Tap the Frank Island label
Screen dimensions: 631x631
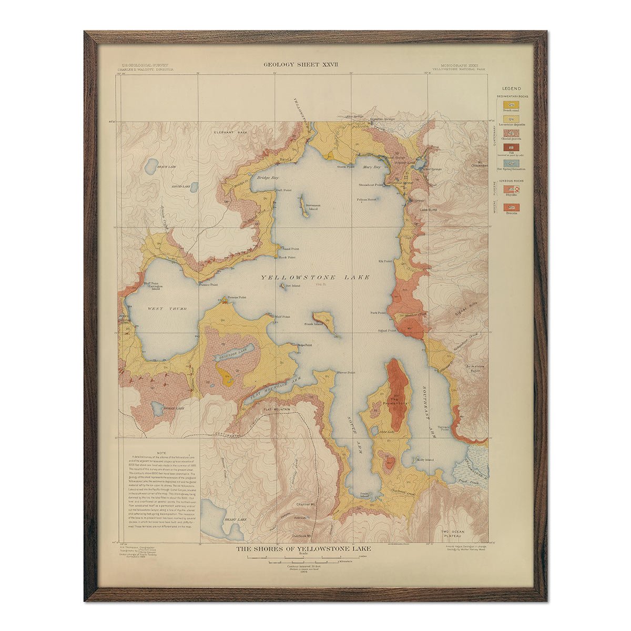pos(313,324)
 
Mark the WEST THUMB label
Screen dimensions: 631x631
pos(164,309)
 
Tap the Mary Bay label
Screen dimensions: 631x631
pos(371,167)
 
